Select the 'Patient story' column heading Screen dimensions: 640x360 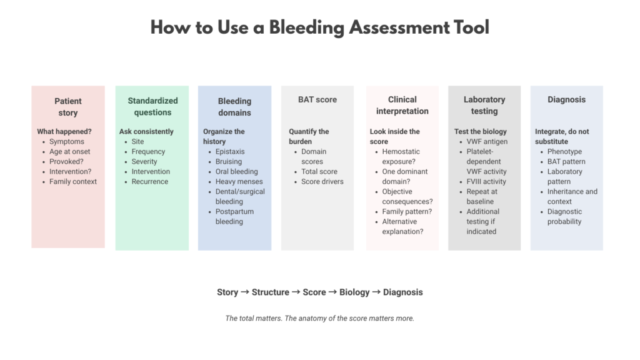point(67,107)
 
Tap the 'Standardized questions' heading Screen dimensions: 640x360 point(152,106)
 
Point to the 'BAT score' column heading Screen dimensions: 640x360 point(317,99)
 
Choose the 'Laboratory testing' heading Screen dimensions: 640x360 point(484,105)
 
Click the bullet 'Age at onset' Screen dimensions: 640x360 point(70,151)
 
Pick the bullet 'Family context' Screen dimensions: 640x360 point(73,182)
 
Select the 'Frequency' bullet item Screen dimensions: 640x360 point(148,151)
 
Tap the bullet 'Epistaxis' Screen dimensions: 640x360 point(230,151)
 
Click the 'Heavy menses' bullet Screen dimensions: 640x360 point(239,182)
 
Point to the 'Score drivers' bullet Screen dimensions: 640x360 point(322,182)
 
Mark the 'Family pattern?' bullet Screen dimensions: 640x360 point(407,211)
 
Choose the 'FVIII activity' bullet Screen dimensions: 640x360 point(486,182)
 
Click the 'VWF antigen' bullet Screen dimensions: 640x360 point(487,142)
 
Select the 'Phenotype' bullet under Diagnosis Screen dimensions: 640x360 point(564,151)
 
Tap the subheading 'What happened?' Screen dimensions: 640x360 point(64,131)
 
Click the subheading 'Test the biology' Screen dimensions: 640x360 point(481,131)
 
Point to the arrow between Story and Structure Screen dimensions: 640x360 point(245,292)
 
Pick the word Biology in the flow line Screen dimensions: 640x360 point(354,292)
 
